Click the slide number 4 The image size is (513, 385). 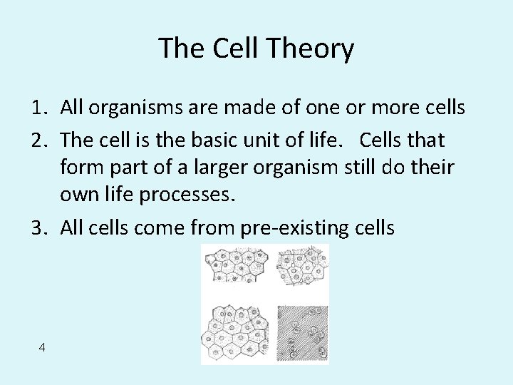[x=43, y=347]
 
